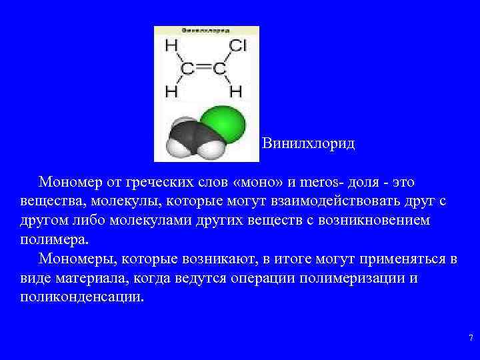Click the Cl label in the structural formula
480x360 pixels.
(238, 45)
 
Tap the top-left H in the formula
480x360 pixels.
(171, 45)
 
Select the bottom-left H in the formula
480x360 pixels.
(171, 90)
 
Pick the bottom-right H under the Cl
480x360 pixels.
(235, 90)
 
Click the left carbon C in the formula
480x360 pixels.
(189, 68)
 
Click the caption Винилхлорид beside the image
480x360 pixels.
(309, 143)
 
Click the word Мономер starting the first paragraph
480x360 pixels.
(70, 181)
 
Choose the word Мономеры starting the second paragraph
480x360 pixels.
(74, 258)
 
